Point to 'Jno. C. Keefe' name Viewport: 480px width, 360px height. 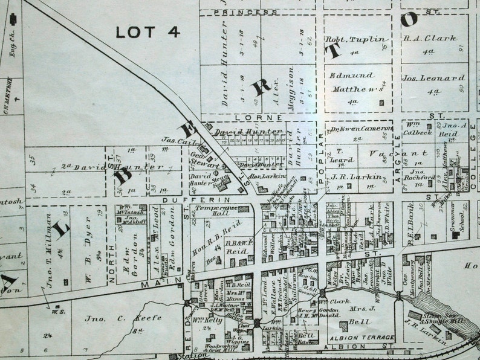[x=106, y=318]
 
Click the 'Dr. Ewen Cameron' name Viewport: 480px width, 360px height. [x=362, y=129]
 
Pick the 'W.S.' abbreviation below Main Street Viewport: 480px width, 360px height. [x=58, y=312]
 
